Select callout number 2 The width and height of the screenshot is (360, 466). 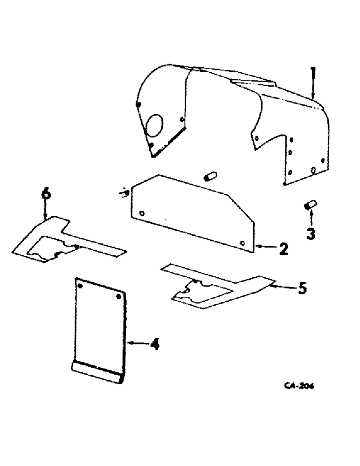pyautogui.click(x=283, y=249)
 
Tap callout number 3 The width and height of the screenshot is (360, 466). pyautogui.click(x=310, y=232)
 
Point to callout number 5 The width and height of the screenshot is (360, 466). pyautogui.click(x=302, y=288)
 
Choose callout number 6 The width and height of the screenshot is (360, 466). pyautogui.click(x=45, y=194)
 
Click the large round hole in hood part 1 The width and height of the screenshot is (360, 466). pyautogui.click(x=154, y=126)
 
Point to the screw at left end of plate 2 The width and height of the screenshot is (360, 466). pyautogui.click(x=125, y=192)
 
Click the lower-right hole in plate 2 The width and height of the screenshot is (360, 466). pyautogui.click(x=242, y=243)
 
